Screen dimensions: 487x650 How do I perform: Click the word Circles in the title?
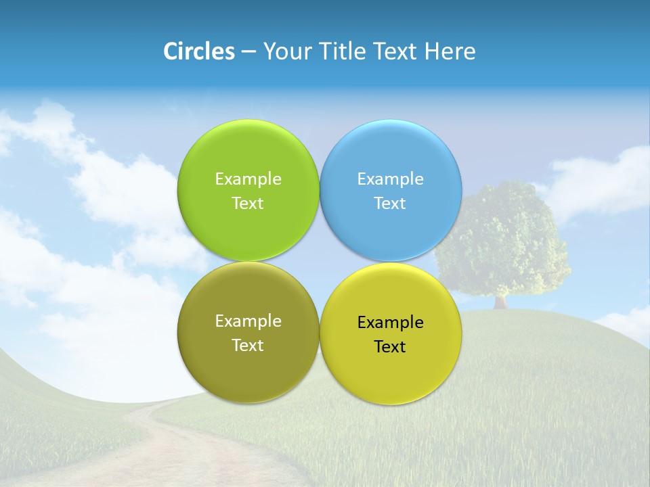coord(198,51)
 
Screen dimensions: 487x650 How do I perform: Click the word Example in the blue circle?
coord(390,179)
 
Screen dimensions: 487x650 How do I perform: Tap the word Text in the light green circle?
coord(248,204)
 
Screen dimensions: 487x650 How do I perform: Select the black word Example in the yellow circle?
coord(390,323)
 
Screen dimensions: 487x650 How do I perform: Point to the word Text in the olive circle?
coord(248,346)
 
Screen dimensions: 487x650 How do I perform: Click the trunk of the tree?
coord(500,301)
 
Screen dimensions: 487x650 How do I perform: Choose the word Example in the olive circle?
coord(248,321)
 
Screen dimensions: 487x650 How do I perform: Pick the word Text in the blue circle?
coord(390,204)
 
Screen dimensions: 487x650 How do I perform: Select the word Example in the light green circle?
coord(248,179)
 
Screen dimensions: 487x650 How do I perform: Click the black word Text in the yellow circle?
coord(390,347)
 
